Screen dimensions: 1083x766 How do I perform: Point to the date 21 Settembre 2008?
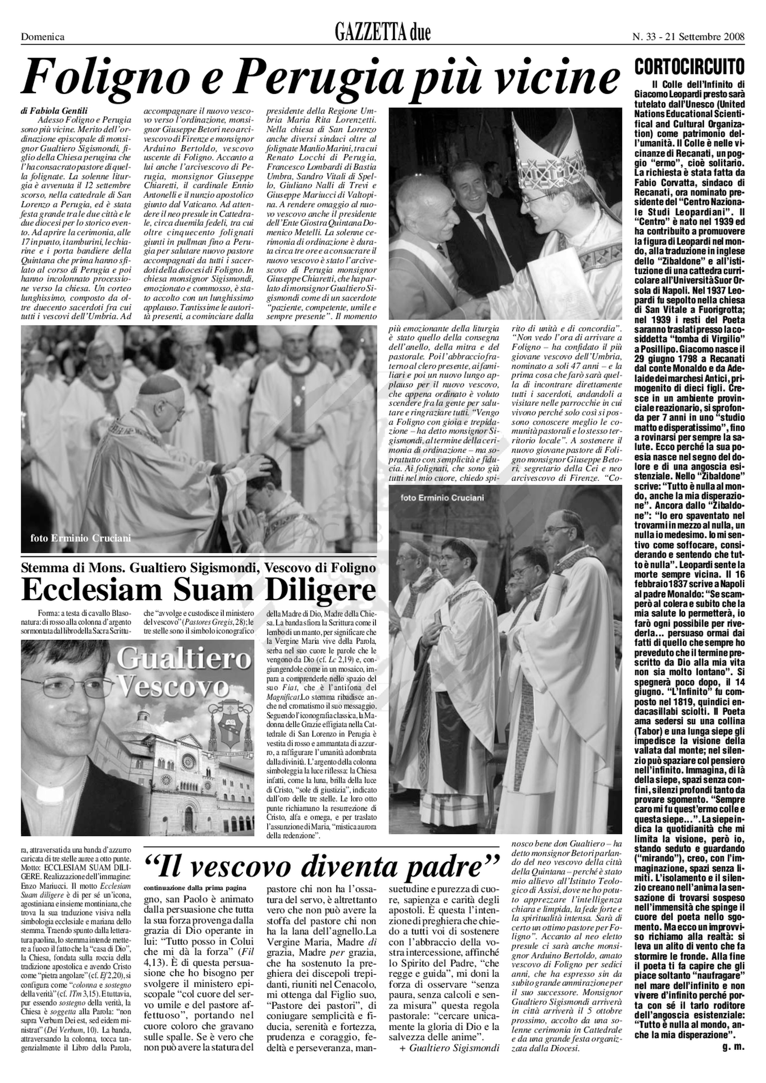click(x=704, y=37)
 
